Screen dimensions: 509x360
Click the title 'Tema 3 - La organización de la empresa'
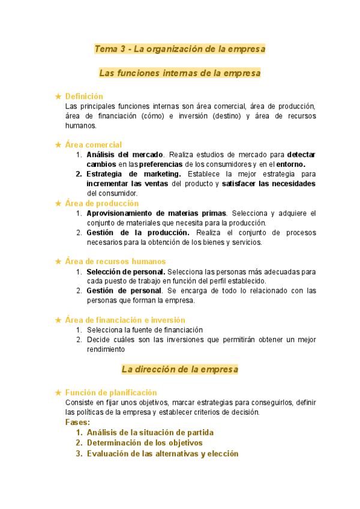pos(179,49)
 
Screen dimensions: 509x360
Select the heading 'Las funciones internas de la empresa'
pos(179,73)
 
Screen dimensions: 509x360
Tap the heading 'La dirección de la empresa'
pos(179,369)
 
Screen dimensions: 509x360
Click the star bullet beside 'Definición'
pos(58,96)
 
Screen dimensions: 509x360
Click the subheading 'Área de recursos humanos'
pos(115,261)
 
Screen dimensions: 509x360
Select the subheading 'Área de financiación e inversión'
pos(125,320)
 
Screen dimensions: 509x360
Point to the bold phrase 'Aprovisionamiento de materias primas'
pos(156,213)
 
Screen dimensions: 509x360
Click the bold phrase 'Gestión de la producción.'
pos(138,232)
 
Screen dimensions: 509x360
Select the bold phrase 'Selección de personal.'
pos(125,271)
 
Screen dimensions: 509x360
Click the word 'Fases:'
pos(77,422)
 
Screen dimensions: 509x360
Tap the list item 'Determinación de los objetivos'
pos(145,443)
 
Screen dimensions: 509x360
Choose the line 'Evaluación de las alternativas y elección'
pos(162,454)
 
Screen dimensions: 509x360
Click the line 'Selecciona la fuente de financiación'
pos(145,330)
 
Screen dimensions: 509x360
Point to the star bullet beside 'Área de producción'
pos(58,203)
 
